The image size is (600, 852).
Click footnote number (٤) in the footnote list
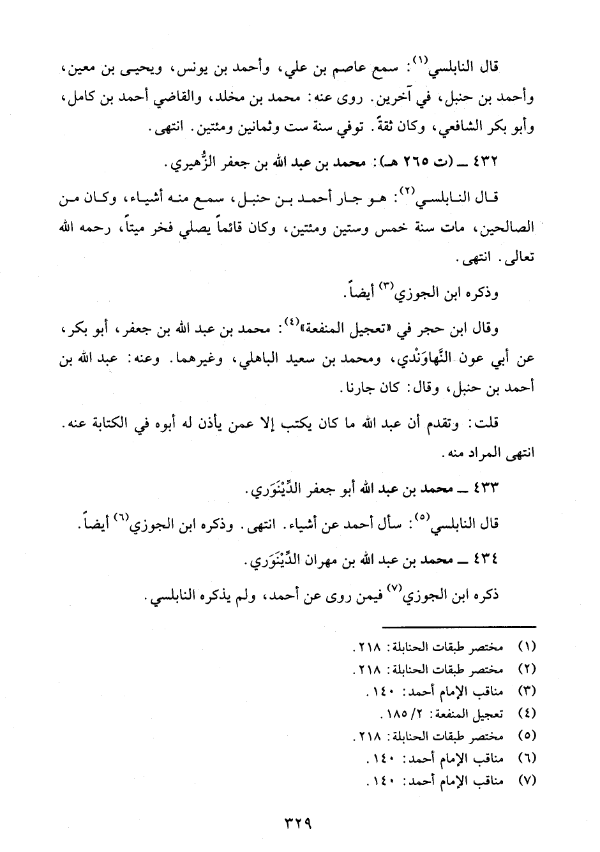click(x=526, y=713)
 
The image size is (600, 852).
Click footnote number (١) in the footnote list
click(x=526, y=647)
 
